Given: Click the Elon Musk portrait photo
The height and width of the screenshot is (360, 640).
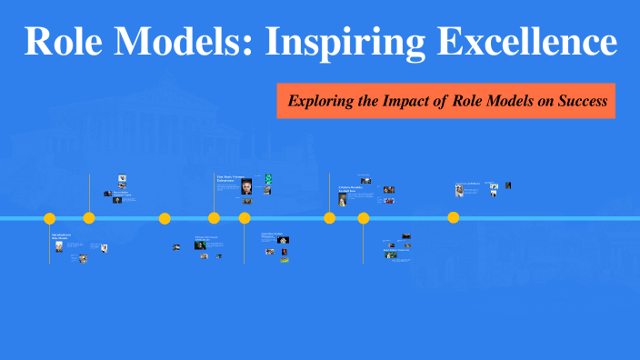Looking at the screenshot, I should tap(246, 186).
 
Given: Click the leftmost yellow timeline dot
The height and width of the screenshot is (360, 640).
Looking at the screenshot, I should tap(50, 218).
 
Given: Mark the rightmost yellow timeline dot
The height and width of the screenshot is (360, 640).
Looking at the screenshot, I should tap(454, 217).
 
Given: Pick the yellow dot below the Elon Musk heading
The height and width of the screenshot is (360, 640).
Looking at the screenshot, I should tap(215, 218).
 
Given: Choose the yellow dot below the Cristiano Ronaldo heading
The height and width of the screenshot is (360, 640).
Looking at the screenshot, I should tap(330, 218).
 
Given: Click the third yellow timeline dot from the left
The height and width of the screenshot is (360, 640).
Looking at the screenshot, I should tap(165, 218).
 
